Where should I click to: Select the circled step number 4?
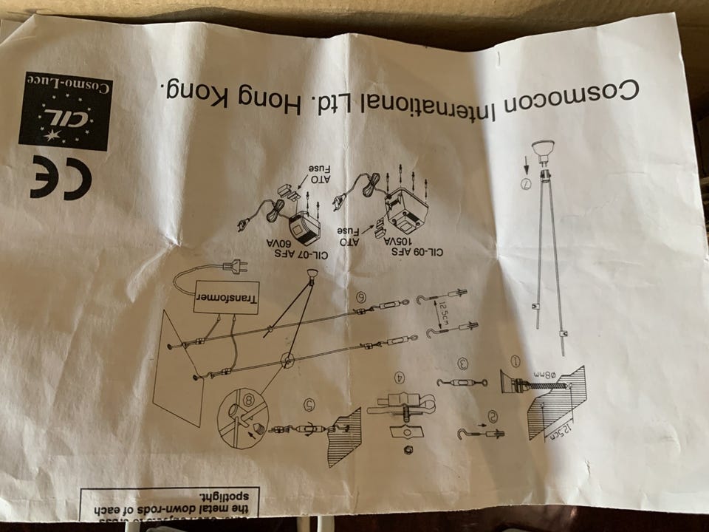(400, 378)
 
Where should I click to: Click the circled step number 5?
(309, 404)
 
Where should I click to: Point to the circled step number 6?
(362, 297)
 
